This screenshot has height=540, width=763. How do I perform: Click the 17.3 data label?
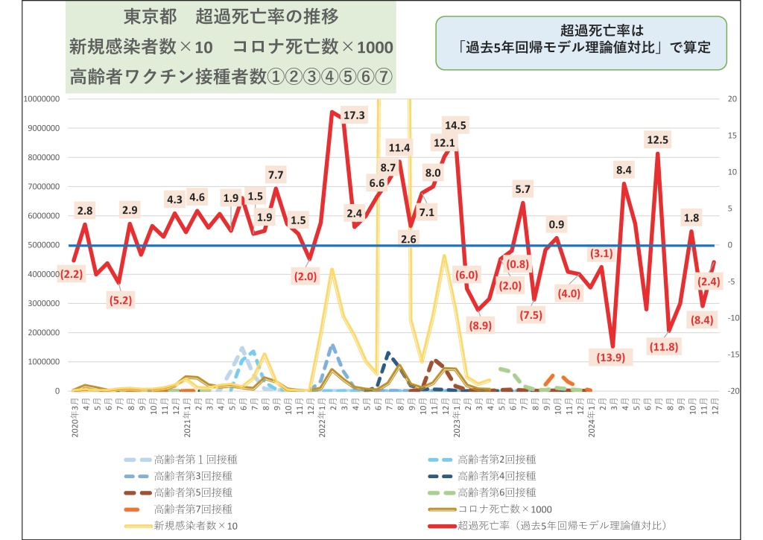[x=353, y=115]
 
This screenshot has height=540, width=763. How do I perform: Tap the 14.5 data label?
[x=455, y=125]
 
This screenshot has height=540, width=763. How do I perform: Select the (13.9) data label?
[x=611, y=357]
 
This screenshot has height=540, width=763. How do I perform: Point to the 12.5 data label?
[x=658, y=139]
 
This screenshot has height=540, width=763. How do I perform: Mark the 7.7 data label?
[x=276, y=175]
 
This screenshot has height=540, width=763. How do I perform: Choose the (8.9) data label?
[x=480, y=324]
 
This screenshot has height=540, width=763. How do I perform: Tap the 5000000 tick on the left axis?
[x=45, y=245]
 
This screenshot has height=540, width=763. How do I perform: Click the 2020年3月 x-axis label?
[x=75, y=419]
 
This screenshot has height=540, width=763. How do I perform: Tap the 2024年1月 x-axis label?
[x=591, y=419]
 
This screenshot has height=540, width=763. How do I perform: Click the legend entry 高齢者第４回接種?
[x=496, y=475]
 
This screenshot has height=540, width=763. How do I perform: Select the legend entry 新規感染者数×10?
[x=196, y=526]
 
